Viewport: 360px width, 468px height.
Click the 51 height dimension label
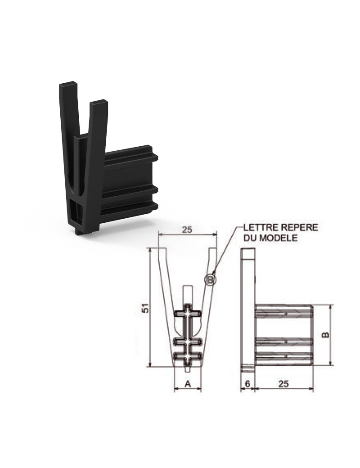coord(145,308)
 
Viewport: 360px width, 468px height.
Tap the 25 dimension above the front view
coord(187,229)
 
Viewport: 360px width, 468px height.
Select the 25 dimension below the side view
coord(283,383)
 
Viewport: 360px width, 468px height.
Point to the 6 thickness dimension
coord(247,383)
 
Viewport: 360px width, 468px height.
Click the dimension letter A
coord(188,383)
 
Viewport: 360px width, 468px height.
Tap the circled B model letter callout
coord(210,279)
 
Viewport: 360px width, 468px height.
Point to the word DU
coord(251,238)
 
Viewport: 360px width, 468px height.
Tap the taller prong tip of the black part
coord(68,84)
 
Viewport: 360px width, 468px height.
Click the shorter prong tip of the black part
coord(99,102)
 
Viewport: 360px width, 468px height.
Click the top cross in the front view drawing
coord(187,313)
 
